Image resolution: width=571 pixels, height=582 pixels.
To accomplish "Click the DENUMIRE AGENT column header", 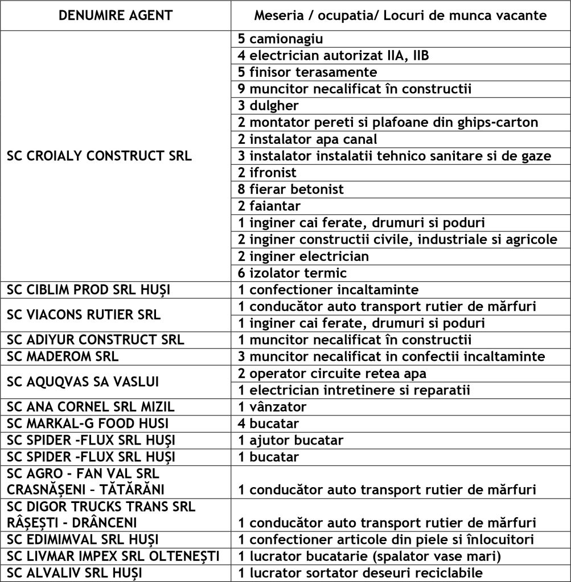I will [x=116, y=15].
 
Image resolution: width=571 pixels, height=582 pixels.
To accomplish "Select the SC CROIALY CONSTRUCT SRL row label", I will [x=99, y=156].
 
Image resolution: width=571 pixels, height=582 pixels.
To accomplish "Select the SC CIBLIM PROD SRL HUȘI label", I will [x=91, y=290].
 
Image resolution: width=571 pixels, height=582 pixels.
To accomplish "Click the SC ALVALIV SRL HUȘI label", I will [x=78, y=573].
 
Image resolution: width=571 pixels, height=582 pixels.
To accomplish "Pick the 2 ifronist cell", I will [x=268, y=173].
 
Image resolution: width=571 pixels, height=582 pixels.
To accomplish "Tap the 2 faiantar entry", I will [x=269, y=206].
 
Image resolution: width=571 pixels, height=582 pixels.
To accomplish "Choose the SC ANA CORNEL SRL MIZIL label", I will [x=91, y=407].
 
